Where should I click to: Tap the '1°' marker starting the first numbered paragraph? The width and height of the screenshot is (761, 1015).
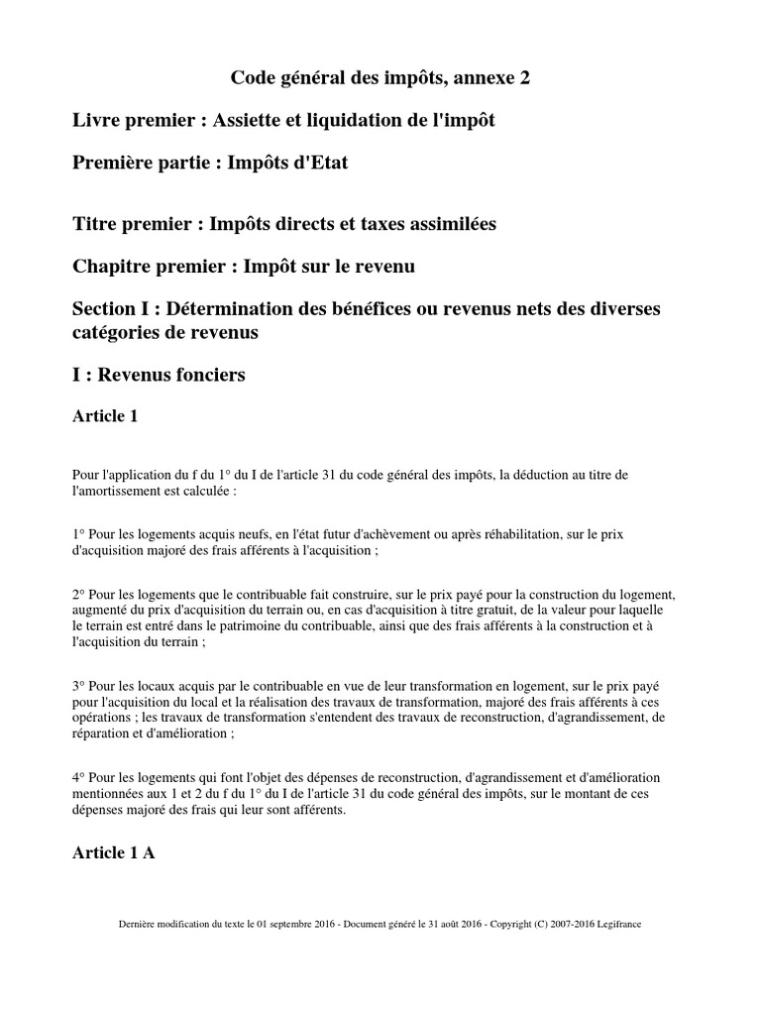pyautogui.click(x=80, y=533)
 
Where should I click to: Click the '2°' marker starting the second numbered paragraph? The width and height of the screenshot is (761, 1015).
pyautogui.click(x=80, y=594)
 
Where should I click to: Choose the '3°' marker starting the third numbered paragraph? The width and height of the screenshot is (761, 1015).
pyautogui.click(x=80, y=685)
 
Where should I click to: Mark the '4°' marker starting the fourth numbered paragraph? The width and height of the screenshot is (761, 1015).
pyautogui.click(x=80, y=777)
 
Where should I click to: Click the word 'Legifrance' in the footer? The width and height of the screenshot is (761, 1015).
pyautogui.click(x=618, y=924)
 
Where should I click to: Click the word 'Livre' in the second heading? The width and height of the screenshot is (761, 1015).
pyautogui.click(x=97, y=120)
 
